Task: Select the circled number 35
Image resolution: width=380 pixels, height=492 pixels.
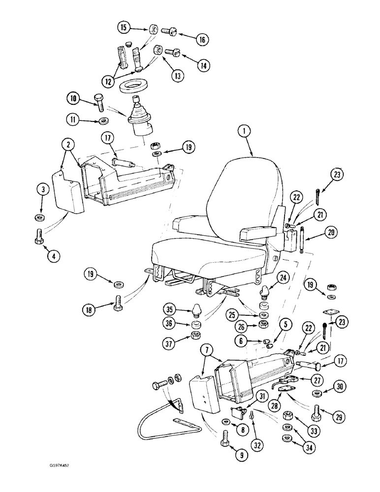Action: pos(169,310)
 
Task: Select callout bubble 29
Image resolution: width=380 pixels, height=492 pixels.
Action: pos(338,418)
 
